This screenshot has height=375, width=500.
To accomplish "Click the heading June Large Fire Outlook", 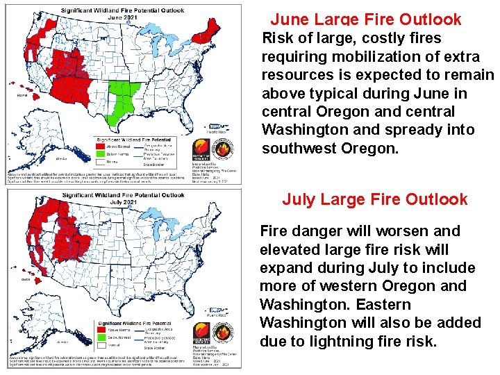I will pyautogui.click(x=365, y=19).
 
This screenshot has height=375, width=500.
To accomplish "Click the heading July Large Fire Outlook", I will pyautogui.click(x=374, y=200).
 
